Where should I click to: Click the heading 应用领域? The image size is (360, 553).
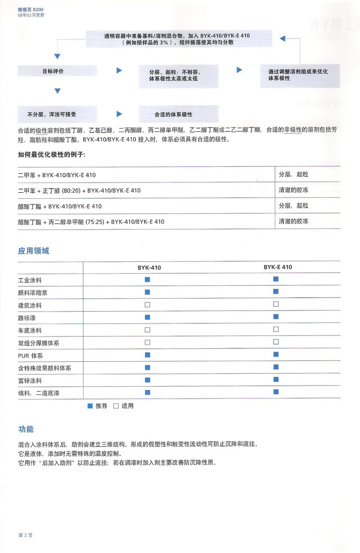pyautogui.click(x=33, y=251)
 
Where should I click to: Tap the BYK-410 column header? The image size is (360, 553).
pyautogui.click(x=148, y=267)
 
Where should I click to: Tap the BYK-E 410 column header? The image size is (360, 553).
pyautogui.click(x=277, y=267)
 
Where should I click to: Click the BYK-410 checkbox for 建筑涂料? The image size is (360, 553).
pyautogui.click(x=147, y=305)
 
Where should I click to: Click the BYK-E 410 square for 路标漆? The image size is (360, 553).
pyautogui.click(x=276, y=316)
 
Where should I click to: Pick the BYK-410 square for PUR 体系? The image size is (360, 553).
pyautogui.click(x=147, y=355)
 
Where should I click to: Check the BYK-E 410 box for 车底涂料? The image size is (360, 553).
pyautogui.click(x=276, y=329)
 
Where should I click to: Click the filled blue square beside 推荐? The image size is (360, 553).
pyautogui.click(x=90, y=406)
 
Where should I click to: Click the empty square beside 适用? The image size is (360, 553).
pyautogui.click(x=116, y=406)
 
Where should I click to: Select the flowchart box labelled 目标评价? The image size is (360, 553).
pyautogui.click(x=57, y=71)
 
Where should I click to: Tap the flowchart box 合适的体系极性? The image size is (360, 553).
pyautogui.click(x=178, y=114)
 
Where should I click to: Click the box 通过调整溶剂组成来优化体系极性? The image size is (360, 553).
pyautogui.click(x=301, y=75)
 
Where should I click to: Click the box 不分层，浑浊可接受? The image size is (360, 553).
pyautogui.click(x=57, y=114)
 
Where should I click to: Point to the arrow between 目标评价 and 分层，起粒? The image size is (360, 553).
pyautogui.click(x=119, y=71)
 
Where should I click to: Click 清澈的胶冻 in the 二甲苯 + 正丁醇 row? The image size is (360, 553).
pyautogui.click(x=294, y=190)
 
